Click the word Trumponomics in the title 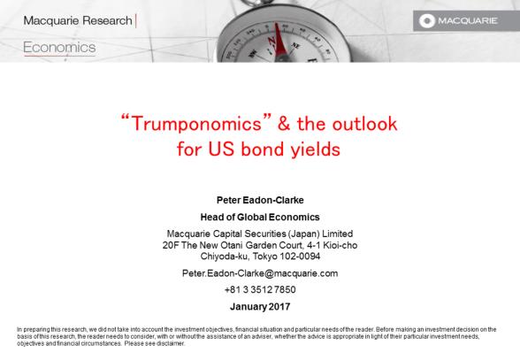click(x=196, y=124)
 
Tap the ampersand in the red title click(x=284, y=124)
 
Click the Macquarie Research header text click(x=78, y=20)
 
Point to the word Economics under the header click(x=60, y=47)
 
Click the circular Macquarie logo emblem click(x=427, y=21)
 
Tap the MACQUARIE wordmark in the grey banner click(x=468, y=20)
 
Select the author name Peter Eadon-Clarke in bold click(x=260, y=200)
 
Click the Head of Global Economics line click(x=260, y=217)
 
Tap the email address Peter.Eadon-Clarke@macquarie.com click(x=260, y=273)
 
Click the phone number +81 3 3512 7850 click(x=260, y=289)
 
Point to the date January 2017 click(x=260, y=307)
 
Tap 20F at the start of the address click(x=171, y=245)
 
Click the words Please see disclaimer click(x=155, y=343)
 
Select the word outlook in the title click(x=364, y=124)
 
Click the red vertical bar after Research click(x=136, y=20)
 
